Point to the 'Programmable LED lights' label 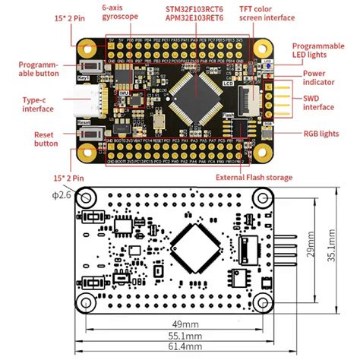[324, 50]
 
